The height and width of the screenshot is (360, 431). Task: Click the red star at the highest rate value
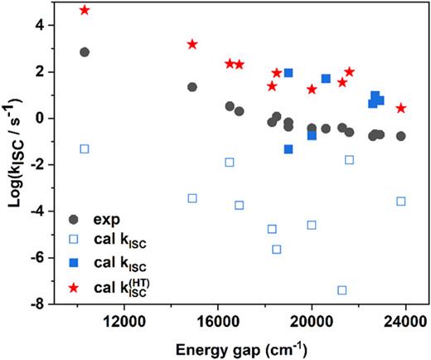point(85,10)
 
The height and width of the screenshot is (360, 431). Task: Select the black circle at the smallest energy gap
point(85,52)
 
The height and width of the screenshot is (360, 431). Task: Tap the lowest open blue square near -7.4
point(342,290)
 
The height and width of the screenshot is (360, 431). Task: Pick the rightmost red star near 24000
point(401,109)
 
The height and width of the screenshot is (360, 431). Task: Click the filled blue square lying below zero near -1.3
point(288,149)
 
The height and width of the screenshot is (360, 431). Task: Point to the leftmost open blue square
point(85,148)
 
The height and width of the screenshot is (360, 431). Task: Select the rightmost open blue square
point(401,202)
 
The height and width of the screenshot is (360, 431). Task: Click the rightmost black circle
point(401,136)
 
